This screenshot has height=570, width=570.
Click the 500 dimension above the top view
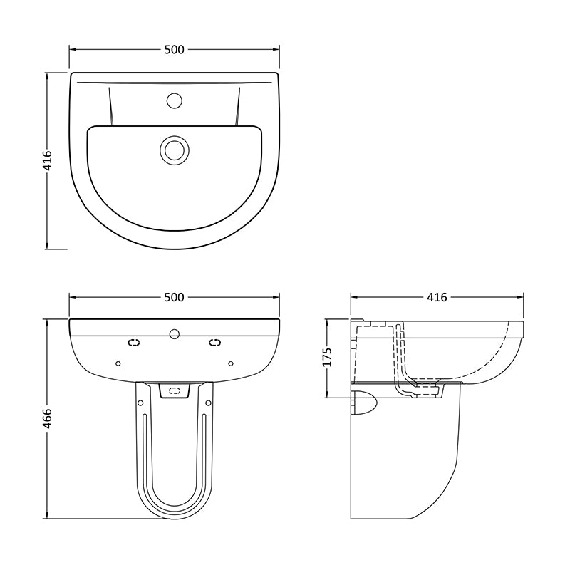(174, 49)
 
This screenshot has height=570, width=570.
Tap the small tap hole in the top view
(174, 100)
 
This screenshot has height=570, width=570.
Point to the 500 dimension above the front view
(174, 297)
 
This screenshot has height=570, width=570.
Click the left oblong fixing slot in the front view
(133, 343)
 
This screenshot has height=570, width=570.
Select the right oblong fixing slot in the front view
(214, 343)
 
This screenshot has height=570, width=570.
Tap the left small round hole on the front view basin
(118, 362)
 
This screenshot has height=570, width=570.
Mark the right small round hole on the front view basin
(230, 362)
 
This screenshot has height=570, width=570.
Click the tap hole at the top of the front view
(174, 332)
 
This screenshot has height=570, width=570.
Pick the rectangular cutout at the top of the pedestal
(174, 390)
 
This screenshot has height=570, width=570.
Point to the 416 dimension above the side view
(437, 297)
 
